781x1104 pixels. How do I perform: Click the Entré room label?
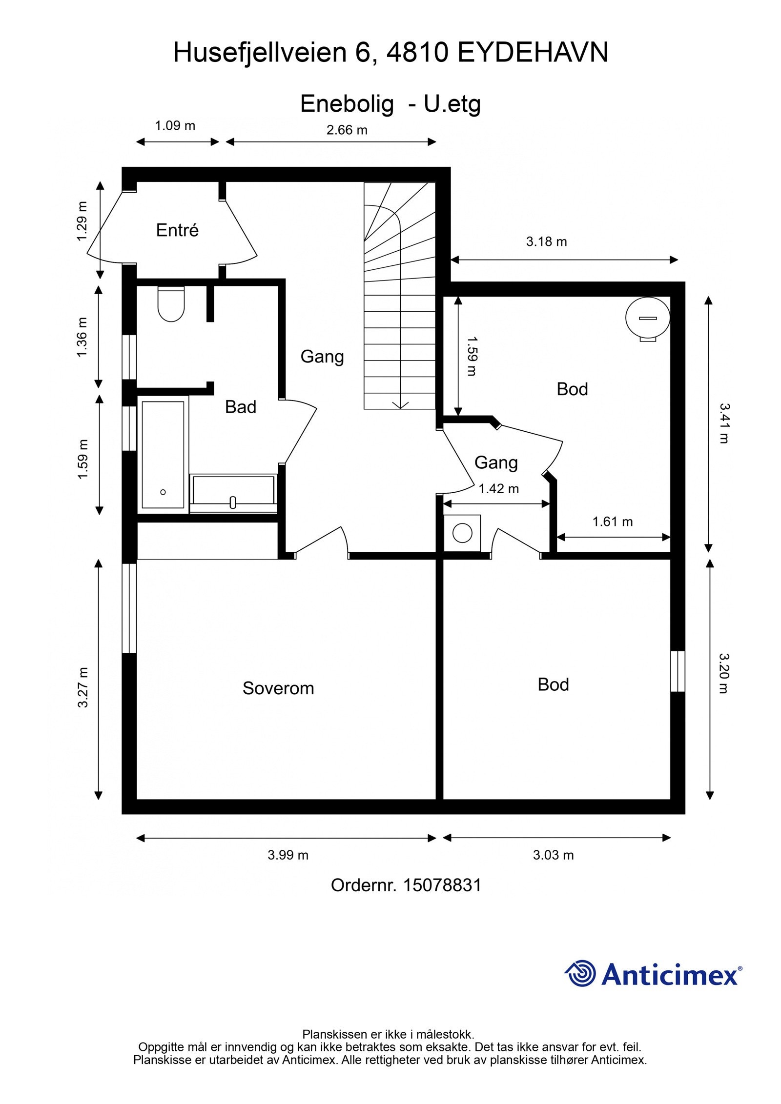[177, 230]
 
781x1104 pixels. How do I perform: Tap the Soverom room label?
[278, 688]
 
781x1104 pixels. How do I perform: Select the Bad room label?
[241, 407]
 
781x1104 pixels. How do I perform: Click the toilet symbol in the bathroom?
[171, 304]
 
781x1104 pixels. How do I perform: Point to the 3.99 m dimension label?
[288, 855]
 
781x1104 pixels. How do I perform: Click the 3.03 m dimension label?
[554, 855]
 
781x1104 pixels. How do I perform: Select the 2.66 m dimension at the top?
[347, 130]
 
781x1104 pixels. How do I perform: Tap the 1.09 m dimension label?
[175, 126]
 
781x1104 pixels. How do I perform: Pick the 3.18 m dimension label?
[547, 241]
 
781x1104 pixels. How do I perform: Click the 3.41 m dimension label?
[724, 423]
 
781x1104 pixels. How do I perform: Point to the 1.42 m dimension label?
[498, 489]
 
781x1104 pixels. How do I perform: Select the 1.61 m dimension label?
[613, 522]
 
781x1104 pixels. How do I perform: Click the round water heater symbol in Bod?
[647, 318]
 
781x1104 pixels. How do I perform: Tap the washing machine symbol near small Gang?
[462, 533]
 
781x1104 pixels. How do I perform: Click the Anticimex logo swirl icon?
[580, 973]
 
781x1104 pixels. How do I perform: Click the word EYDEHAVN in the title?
[534, 52]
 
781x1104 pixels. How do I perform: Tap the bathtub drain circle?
[163, 492]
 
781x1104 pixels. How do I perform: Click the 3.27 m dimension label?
[83, 687]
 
